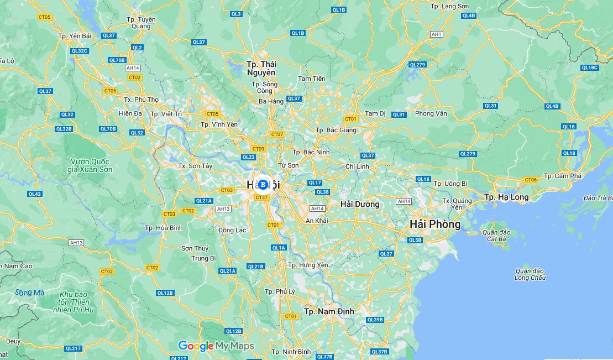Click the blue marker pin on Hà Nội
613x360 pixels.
pos(263,184)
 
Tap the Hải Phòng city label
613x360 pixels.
pos(435,224)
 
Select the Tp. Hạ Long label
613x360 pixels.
pos(506,197)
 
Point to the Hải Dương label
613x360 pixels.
pos(360,204)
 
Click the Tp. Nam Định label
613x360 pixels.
pos(329,311)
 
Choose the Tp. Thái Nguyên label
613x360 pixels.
pos(261,69)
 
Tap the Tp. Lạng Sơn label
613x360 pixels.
pos(449,6)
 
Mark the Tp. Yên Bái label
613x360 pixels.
pos(75,36)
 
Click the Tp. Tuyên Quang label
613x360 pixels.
pos(137,23)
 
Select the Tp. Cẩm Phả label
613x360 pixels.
pos(563,176)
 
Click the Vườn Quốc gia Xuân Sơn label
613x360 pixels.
pos(91,165)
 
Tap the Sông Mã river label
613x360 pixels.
pos(30,293)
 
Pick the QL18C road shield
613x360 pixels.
pos(589,67)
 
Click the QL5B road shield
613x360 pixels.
pos(415,240)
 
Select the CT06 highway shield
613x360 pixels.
pos(531,180)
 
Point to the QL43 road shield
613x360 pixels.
pos(35,194)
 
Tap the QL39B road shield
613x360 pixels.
pos(375,320)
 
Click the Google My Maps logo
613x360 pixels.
pos(216,346)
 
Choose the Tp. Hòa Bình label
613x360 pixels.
pos(164,228)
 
